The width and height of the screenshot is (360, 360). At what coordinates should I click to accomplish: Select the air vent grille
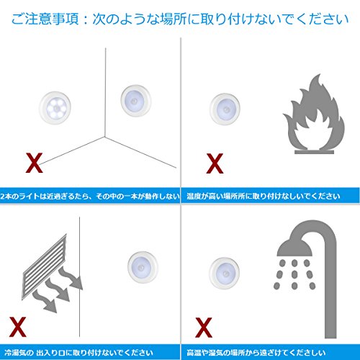45,266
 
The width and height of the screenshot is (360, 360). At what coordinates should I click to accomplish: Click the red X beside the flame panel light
215,163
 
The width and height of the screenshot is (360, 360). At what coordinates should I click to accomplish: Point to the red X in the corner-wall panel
35,163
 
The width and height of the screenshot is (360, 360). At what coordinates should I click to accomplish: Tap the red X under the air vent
17,327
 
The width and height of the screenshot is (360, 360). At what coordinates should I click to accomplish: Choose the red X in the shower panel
204,328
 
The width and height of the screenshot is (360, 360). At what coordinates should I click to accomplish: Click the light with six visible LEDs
55,108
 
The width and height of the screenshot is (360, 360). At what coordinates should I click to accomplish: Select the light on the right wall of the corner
136,100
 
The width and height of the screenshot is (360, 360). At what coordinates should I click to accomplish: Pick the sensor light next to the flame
225,109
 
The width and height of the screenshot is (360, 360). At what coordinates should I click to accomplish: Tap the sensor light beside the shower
225,273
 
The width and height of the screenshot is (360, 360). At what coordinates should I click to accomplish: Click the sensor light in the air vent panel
143,267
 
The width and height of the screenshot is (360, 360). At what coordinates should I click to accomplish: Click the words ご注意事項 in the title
45,19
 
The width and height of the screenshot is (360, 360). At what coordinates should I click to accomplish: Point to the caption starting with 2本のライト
90,197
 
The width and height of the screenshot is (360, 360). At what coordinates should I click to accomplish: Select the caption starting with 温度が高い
264,197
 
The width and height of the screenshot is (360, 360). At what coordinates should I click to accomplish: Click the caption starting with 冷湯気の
78,353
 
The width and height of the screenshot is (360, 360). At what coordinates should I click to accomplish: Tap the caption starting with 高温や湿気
256,353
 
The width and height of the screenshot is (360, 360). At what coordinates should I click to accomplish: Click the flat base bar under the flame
314,152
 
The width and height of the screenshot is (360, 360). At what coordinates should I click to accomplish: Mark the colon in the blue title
86,19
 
